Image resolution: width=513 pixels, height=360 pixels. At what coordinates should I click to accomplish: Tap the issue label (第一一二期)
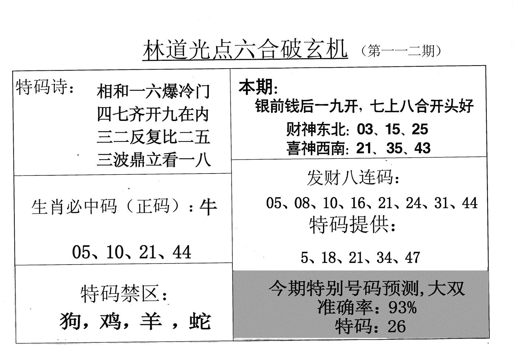coord(401,51)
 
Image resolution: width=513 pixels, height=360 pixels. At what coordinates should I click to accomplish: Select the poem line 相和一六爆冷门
coord(153,91)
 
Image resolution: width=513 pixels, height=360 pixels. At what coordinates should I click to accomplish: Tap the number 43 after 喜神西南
coord(422,148)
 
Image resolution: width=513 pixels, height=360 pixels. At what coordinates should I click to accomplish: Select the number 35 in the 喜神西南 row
coord(394,148)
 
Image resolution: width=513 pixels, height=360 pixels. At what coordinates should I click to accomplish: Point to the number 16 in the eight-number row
coord(358,203)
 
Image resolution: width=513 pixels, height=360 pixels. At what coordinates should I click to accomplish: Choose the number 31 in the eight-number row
coord(442,203)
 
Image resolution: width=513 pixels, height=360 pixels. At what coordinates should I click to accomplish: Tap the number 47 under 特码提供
coord(412,257)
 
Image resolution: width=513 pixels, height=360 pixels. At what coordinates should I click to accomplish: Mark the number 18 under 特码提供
coord(329,257)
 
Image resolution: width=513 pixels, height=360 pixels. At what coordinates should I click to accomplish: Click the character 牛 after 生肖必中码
coord(208,207)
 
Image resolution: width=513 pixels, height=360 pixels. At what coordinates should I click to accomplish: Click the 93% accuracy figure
coord(402,307)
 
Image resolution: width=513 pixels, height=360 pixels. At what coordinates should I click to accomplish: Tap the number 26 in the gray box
coord(397,326)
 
